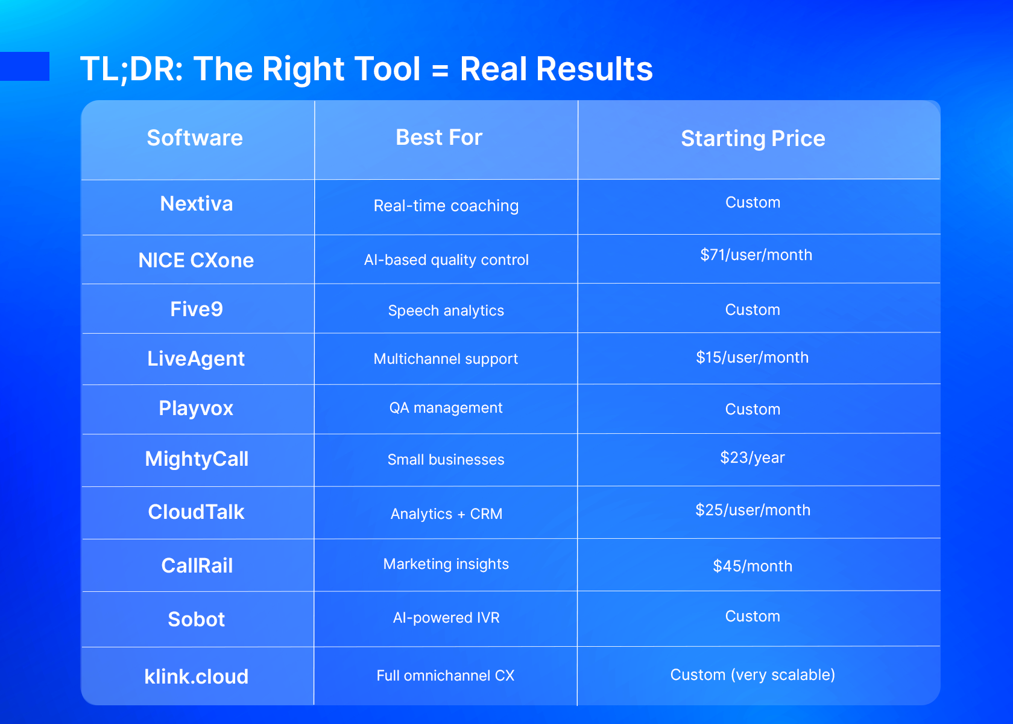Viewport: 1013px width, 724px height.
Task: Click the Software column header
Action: (x=195, y=138)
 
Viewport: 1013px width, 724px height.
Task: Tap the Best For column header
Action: (x=439, y=137)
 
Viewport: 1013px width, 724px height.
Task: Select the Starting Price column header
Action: (x=753, y=139)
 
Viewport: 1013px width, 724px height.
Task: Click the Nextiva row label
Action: (x=197, y=204)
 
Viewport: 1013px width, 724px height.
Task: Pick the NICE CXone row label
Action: (x=197, y=260)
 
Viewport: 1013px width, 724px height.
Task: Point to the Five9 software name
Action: (x=197, y=309)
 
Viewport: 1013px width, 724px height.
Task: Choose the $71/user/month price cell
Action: (x=756, y=255)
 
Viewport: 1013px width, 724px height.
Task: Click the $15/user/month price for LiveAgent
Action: (x=752, y=357)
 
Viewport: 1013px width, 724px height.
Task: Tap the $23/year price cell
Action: (x=753, y=457)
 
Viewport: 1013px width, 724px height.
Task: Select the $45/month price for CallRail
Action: (x=753, y=566)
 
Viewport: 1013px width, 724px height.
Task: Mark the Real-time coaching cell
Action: (x=446, y=206)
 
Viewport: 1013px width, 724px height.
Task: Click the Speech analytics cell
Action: (x=446, y=311)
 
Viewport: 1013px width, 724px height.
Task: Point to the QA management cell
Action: (x=446, y=408)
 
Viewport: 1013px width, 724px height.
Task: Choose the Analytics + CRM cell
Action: (x=446, y=514)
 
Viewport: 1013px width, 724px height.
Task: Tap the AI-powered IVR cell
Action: (x=446, y=618)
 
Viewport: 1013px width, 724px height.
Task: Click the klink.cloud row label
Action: (x=197, y=677)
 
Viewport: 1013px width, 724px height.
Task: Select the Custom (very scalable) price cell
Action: (x=753, y=675)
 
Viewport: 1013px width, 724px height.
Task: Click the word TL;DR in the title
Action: (x=132, y=69)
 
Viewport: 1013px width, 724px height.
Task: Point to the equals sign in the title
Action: (x=440, y=71)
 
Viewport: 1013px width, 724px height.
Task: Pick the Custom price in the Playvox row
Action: (x=753, y=410)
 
